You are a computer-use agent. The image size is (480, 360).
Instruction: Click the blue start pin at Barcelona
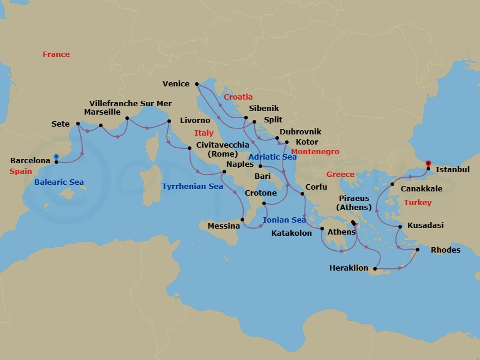click(56, 158)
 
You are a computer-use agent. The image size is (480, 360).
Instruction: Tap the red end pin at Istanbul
click(428, 163)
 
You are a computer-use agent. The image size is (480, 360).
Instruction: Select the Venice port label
click(176, 84)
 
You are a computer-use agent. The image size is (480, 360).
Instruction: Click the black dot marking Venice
click(197, 84)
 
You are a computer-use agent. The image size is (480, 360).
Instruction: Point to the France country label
click(56, 55)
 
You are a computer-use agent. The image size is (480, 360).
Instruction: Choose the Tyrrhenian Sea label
click(192, 187)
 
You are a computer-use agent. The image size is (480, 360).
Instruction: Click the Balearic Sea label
click(59, 182)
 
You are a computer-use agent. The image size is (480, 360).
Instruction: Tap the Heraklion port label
click(349, 268)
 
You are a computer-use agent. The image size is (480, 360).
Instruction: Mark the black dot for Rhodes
click(418, 250)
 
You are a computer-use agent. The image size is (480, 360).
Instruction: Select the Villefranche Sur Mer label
click(130, 103)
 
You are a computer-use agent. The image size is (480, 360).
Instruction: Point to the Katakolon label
click(292, 233)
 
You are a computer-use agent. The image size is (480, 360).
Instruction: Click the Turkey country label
click(417, 203)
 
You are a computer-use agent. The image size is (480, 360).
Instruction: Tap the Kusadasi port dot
click(400, 226)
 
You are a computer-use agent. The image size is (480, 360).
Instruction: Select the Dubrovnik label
click(301, 131)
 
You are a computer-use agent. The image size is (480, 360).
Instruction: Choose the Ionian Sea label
click(284, 220)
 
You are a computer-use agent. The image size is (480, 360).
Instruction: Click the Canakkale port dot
click(392, 184)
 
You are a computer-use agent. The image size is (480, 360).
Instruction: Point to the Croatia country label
click(238, 97)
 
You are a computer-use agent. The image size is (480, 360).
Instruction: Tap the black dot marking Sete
click(78, 124)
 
